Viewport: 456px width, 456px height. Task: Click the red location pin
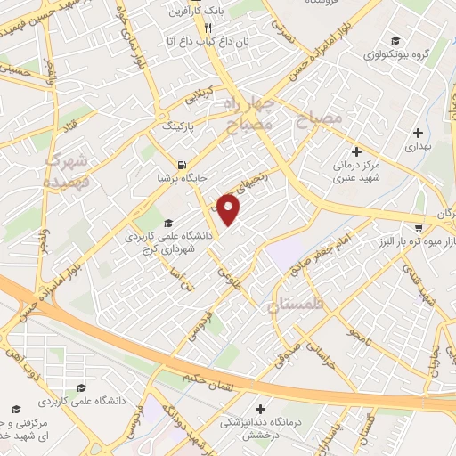click(230, 209)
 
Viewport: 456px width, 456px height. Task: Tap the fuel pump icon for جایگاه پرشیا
click(183, 164)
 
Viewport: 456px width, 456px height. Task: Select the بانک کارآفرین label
click(199, 13)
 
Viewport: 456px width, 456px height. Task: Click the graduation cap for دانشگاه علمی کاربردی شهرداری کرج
click(169, 224)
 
